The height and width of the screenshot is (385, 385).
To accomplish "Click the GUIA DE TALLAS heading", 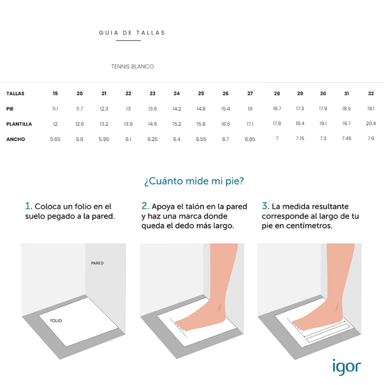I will click(132, 33).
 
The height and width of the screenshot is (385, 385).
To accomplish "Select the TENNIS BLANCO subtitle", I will click(132, 66).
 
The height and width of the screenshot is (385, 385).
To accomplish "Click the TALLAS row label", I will click(15, 93).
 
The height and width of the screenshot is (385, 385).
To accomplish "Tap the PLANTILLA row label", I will click(19, 124).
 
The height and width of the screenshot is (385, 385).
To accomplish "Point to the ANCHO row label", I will click(16, 140).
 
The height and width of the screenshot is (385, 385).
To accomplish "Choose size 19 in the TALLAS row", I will click(55, 93).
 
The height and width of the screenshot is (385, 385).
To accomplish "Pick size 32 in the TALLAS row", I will click(371, 93).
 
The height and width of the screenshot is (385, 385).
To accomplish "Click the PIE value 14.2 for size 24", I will click(177, 109).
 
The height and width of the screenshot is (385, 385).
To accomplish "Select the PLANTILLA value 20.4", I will click(371, 124).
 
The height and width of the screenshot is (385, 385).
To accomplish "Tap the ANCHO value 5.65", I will click(55, 140).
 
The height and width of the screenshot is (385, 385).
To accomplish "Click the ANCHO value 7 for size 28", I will click(277, 139).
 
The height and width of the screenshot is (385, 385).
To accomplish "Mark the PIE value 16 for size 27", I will click(250, 109).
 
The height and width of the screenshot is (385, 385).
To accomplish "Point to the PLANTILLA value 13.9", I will click(128, 124).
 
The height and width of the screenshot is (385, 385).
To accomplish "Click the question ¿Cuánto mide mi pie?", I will click(193, 181).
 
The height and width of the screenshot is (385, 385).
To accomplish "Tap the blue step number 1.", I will click(28, 206).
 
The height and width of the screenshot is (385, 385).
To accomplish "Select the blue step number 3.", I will click(265, 206).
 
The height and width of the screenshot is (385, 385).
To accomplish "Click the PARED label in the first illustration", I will click(97, 263).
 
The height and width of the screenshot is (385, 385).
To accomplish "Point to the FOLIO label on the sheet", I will click(56, 321).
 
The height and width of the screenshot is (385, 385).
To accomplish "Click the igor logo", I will click(346, 367).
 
